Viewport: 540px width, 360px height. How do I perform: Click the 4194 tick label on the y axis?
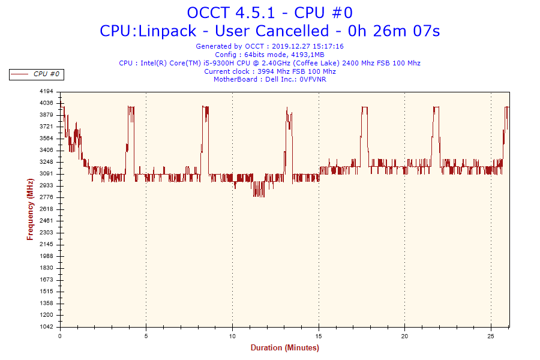click(46, 91)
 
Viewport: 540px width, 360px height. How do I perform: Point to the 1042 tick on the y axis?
click(46, 327)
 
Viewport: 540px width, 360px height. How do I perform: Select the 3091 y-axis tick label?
click(46, 174)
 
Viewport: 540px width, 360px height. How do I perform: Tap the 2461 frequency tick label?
click(46, 221)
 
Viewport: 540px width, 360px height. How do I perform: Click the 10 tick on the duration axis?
click(232, 336)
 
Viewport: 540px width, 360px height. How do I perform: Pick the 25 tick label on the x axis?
click(491, 336)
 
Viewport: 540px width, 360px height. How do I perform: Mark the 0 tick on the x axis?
click(60, 336)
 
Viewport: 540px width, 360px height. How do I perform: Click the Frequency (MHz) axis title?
click(30, 209)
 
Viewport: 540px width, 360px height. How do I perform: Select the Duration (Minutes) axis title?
click(284, 348)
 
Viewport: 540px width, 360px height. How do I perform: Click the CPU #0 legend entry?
click(46, 74)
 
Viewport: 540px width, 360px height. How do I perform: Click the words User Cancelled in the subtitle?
click(288, 31)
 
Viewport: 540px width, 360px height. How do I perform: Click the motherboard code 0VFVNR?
click(313, 79)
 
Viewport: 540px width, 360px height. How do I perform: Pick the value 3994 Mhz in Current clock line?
click(270, 71)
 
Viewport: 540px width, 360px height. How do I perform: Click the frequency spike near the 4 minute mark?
click(130, 108)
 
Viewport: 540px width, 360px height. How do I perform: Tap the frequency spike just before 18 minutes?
click(364, 108)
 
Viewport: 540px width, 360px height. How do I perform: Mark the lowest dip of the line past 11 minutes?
click(259, 195)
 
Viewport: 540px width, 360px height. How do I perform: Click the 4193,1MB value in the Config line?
click(307, 55)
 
